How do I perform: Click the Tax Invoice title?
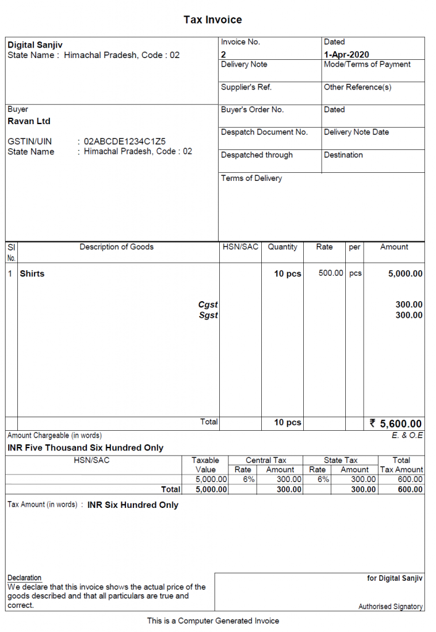[x=212, y=20]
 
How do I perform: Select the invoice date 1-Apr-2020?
[x=346, y=54]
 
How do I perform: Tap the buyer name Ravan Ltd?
[x=29, y=121]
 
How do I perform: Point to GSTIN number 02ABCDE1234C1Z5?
[x=125, y=141]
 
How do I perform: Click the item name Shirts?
[x=32, y=273]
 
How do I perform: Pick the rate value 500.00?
[x=330, y=273]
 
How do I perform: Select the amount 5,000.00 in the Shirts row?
[x=405, y=273]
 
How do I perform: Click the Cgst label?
[x=208, y=304]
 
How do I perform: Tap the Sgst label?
[x=208, y=315]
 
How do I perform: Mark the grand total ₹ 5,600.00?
[x=395, y=423]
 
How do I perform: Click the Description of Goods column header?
[x=116, y=247]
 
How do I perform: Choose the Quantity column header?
[x=282, y=247]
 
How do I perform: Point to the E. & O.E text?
[x=407, y=435]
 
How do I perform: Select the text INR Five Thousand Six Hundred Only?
[x=85, y=447]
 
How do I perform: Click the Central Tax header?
[x=266, y=460]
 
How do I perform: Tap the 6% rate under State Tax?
[x=323, y=479]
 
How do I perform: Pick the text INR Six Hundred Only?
[x=133, y=505]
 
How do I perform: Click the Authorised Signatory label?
[x=390, y=607]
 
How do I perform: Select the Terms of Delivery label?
[x=251, y=178]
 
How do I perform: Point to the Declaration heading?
[x=25, y=578]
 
